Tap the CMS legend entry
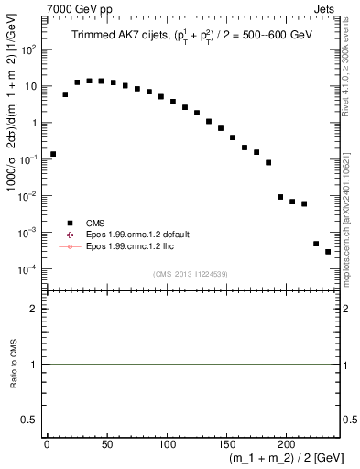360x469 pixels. click(x=94, y=222)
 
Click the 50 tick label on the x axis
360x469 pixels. click(x=106, y=446)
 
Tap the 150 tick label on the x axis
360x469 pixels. click(x=226, y=446)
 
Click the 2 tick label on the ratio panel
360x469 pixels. click(x=37, y=309)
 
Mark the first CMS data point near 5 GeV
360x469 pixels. click(x=53, y=154)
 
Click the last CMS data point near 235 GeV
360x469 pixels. click(x=328, y=252)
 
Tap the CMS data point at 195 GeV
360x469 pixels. click(x=280, y=197)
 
